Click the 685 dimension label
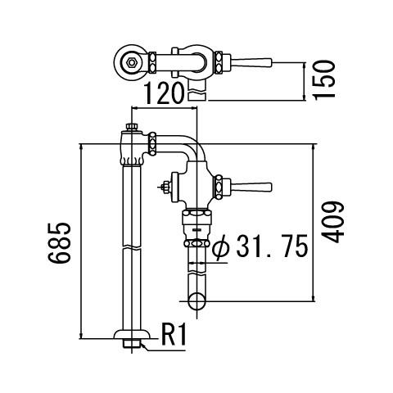point(59,243)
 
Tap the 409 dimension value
point(332,222)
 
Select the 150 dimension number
point(324,80)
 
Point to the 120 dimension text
point(163,93)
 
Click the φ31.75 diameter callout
point(260,246)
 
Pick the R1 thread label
point(174,334)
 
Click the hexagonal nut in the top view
point(132,63)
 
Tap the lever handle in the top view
point(251,62)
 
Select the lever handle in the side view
point(251,187)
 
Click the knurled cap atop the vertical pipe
point(132,127)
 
